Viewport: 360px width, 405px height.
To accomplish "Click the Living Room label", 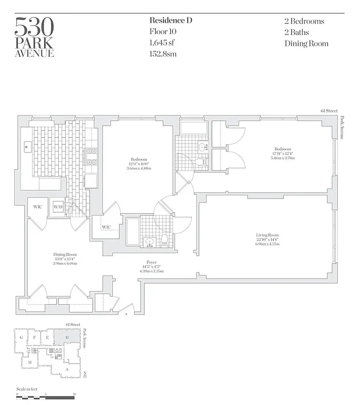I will coord(267,235).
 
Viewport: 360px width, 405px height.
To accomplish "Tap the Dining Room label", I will coord(65,255).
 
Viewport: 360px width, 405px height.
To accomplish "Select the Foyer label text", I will coord(151,262).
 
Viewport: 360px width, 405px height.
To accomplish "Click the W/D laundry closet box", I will coord(57,207).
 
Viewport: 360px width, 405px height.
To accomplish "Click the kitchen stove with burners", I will coord(92,157).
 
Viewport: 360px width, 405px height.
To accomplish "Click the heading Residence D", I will coord(171,21).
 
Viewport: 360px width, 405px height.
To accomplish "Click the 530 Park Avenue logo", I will coord(34,37).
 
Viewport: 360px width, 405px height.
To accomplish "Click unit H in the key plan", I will coord(30,362).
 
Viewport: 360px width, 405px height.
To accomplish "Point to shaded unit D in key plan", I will coord(67,337).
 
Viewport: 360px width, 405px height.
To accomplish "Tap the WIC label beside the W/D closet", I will coord(37,207).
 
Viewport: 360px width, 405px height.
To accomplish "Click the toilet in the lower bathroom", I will coord(164,239).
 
